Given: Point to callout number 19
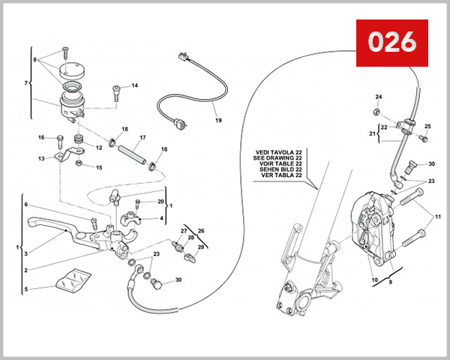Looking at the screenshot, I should click(x=218, y=120).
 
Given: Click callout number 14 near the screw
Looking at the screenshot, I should click(x=134, y=85).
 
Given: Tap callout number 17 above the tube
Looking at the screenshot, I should click(x=142, y=137).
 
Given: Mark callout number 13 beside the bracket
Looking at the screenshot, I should click(x=42, y=159).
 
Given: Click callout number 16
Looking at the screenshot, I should click(x=41, y=137).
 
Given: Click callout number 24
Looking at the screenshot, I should click(x=378, y=97).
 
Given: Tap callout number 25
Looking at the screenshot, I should click(x=427, y=126).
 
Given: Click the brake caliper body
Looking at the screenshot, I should click(x=371, y=225).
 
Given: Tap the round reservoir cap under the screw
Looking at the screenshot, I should click(x=73, y=70).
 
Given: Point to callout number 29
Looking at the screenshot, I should click(x=199, y=247).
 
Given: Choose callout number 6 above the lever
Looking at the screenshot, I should click(x=25, y=205).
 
